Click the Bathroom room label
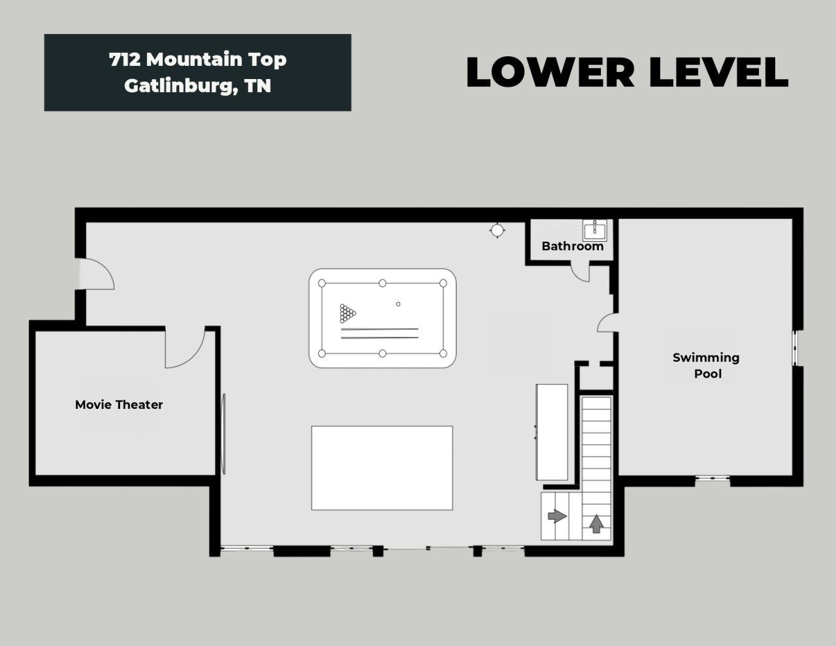573,246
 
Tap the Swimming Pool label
706,366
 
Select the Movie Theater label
119,405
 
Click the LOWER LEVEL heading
627,72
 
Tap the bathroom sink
595,231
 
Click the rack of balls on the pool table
347,314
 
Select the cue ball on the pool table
398,304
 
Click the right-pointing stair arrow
557,516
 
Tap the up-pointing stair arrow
596,524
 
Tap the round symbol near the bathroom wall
497,231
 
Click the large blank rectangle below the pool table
382,468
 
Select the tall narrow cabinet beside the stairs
552,432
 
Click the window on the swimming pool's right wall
795,348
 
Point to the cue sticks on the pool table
379,334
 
